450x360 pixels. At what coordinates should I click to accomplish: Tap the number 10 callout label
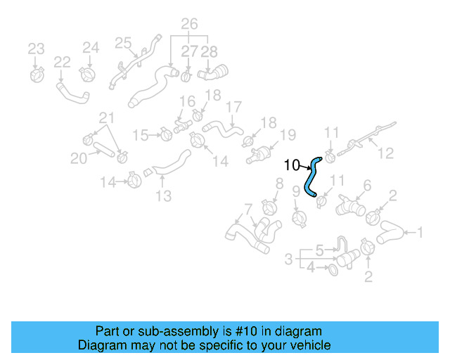(292, 166)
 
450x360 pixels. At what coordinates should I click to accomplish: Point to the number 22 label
(62, 63)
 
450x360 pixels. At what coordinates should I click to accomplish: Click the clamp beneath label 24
(88, 72)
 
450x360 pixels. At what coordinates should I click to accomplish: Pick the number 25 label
(124, 44)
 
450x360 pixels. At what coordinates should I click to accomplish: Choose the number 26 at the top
(188, 25)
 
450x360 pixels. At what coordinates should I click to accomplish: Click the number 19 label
(288, 135)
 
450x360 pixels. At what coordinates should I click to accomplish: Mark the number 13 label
(163, 196)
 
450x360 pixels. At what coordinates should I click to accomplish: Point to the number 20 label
(79, 159)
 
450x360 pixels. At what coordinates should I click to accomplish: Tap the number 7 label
(247, 208)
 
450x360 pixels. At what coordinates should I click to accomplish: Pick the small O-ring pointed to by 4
(333, 268)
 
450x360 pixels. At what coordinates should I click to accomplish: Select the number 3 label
(288, 259)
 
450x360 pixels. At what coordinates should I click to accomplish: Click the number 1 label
(420, 232)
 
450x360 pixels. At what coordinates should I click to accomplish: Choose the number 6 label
(366, 186)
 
